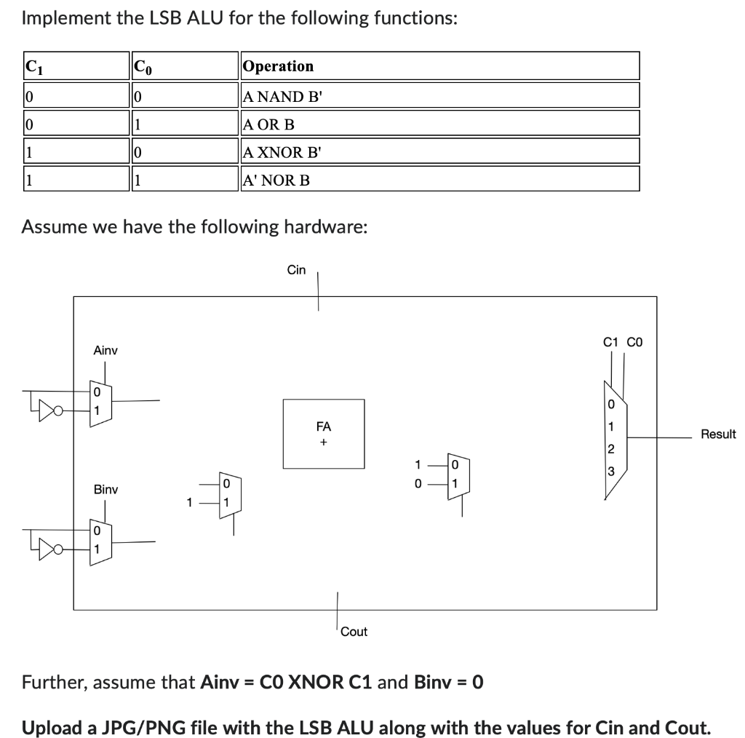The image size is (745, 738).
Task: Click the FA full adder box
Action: [x=324, y=434]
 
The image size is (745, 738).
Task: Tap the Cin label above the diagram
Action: [x=296, y=270]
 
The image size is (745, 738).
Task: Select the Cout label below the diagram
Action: [x=354, y=632]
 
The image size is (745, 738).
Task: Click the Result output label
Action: [x=718, y=435]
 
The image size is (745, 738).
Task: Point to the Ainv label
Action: [x=105, y=351]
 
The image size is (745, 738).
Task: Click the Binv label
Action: [x=105, y=490]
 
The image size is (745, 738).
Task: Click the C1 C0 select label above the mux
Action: [x=623, y=341]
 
